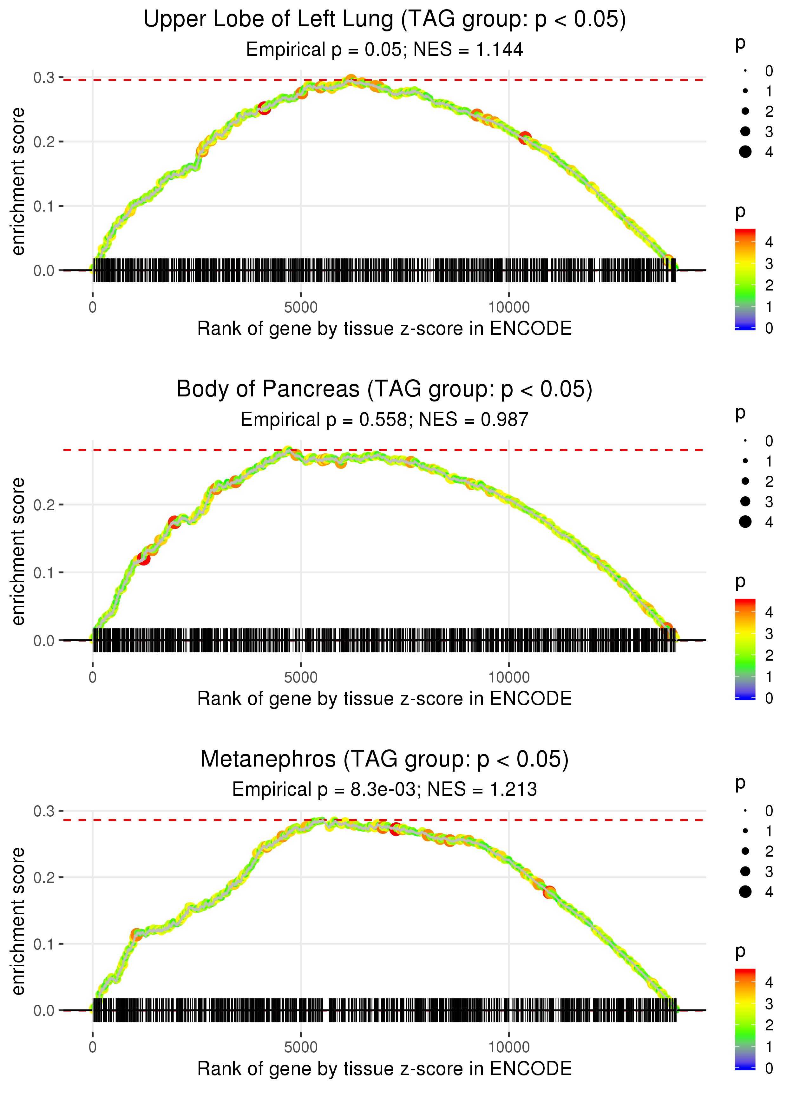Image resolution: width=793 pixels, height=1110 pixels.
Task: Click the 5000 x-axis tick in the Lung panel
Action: [x=301, y=308]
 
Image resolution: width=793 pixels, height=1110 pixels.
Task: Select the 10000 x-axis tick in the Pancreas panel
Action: [x=509, y=677]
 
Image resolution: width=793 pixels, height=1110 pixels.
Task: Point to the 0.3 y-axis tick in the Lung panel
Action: [x=44, y=78]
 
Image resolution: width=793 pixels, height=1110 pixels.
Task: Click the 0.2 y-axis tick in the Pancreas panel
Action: [x=44, y=505]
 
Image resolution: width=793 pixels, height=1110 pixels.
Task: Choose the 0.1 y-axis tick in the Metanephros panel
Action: [x=44, y=944]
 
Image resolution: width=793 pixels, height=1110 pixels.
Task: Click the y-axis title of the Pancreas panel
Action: [x=18, y=551]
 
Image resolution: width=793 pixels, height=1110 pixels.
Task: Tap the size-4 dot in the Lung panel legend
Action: [x=745, y=152]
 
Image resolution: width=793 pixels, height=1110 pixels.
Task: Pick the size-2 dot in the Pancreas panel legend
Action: [x=745, y=481]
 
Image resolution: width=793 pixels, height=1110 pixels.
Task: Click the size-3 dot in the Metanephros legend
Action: [x=745, y=871]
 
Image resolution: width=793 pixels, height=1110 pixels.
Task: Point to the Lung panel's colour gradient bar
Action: [x=745, y=279]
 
